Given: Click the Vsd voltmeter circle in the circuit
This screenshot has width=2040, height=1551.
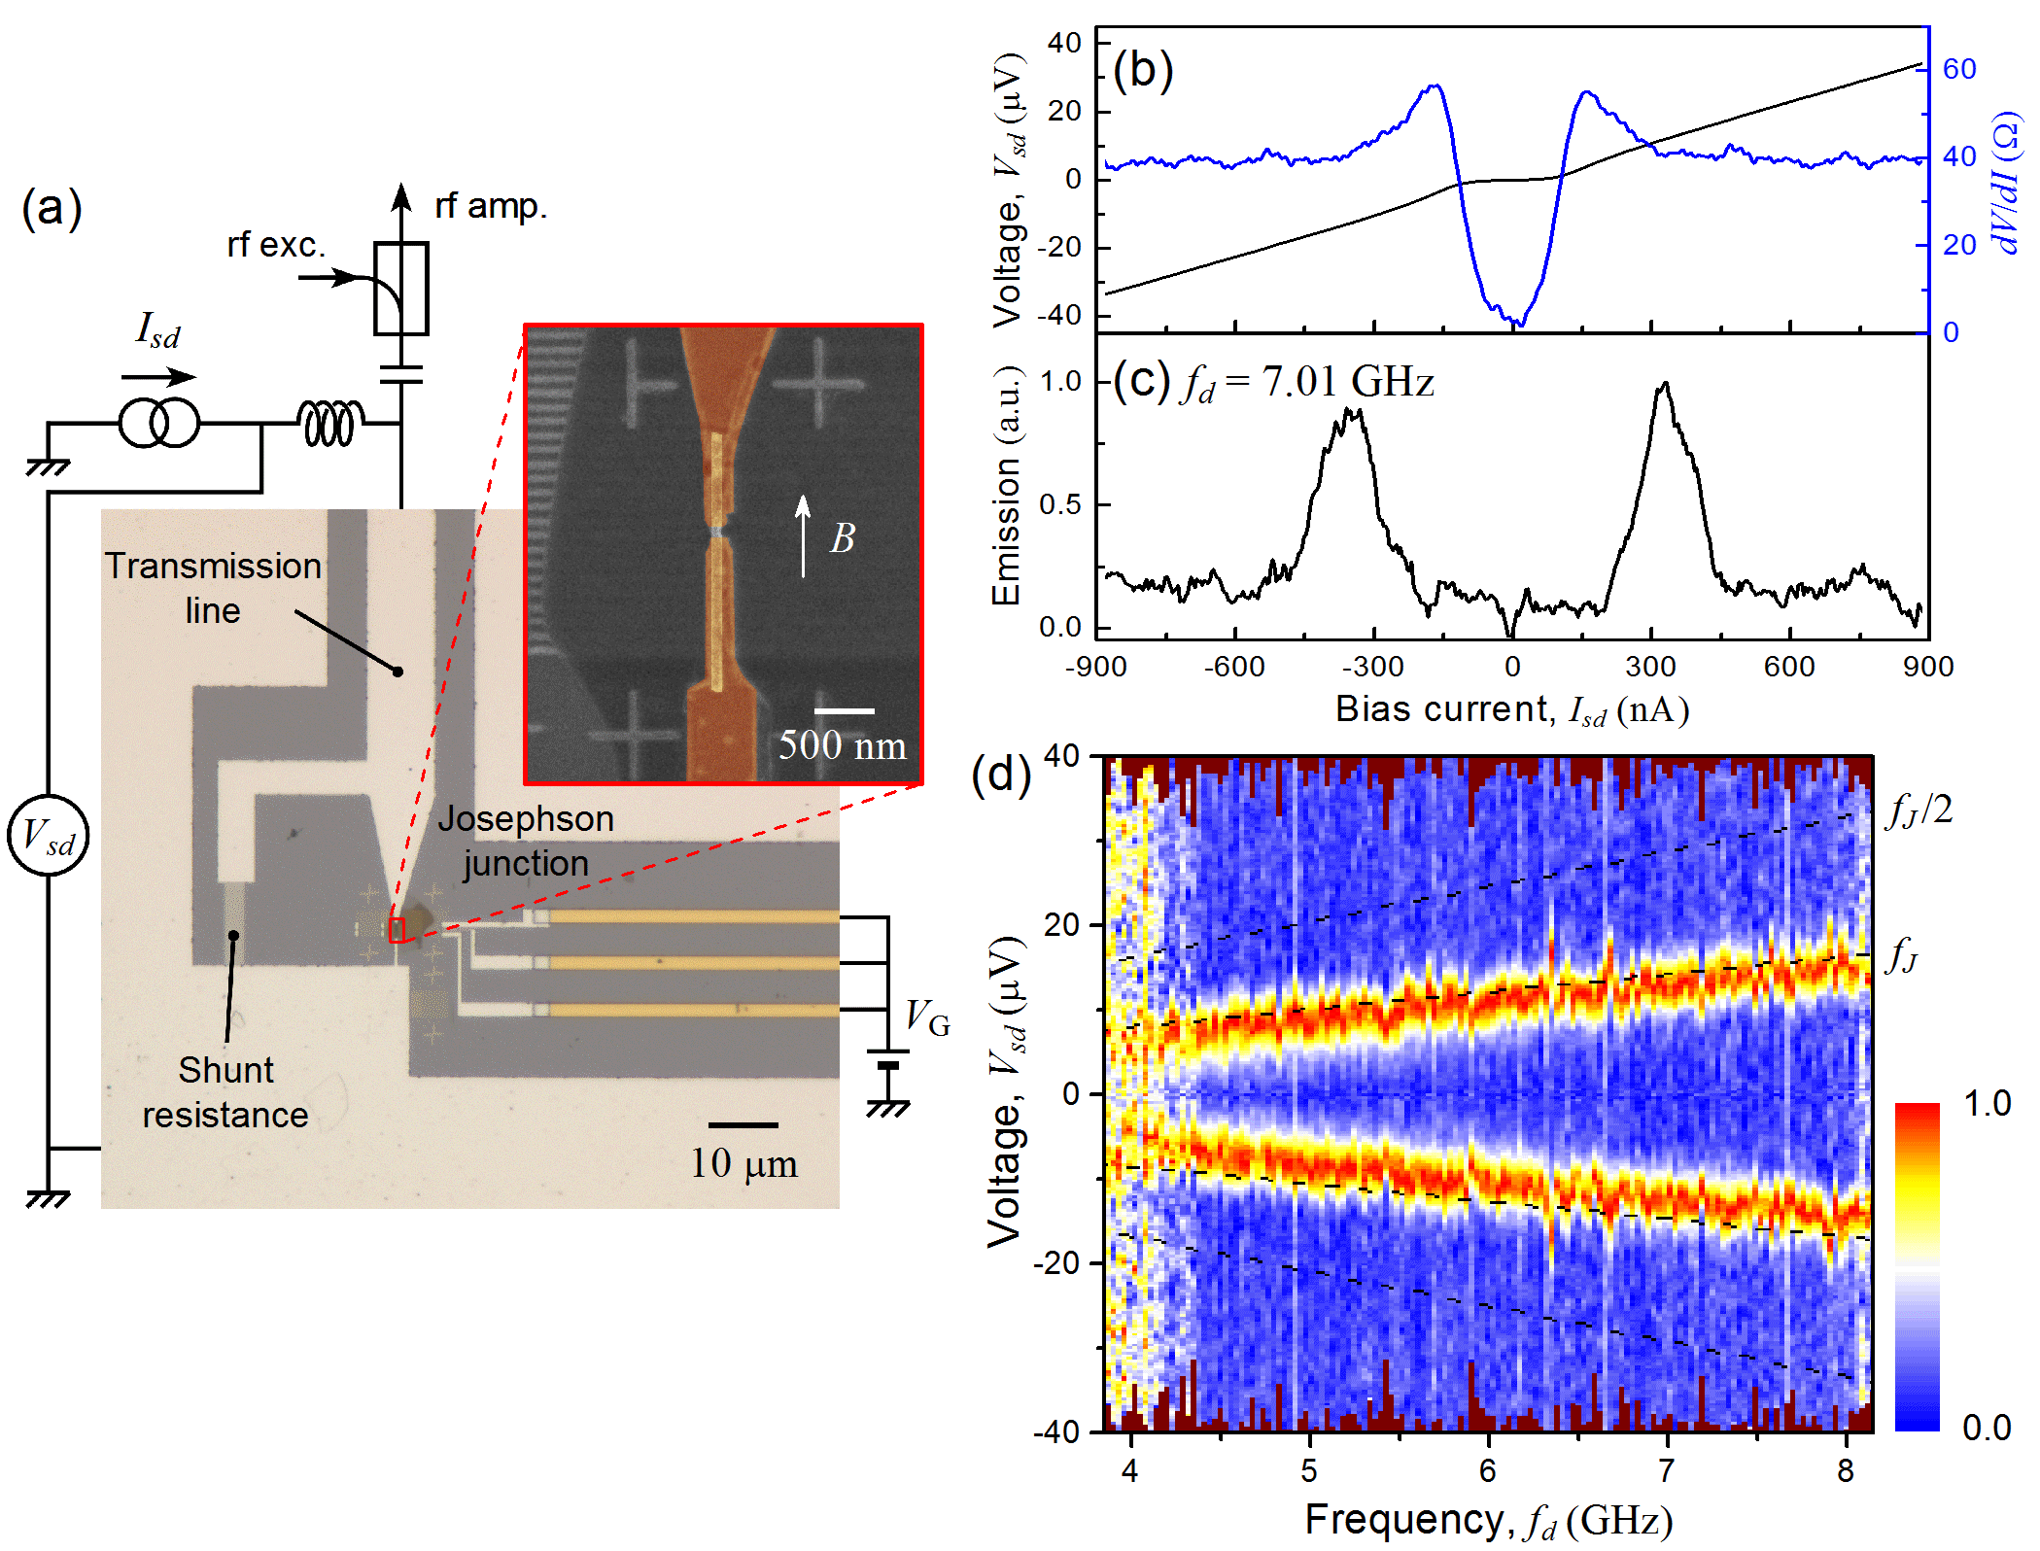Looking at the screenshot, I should click(x=48, y=835).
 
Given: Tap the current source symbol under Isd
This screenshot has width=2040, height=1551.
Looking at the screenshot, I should click(x=158, y=424).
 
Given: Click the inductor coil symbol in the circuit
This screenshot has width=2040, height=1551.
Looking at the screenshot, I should click(x=330, y=424).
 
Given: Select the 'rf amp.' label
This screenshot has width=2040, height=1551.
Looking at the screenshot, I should click(x=491, y=206).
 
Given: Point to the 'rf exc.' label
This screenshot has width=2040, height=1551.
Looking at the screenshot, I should click(x=275, y=245).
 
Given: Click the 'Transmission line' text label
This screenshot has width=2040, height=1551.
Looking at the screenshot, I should click(x=213, y=587).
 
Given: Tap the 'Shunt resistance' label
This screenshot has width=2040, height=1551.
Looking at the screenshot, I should click(x=225, y=1092).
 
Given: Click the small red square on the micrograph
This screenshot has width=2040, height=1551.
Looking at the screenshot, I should click(x=397, y=930).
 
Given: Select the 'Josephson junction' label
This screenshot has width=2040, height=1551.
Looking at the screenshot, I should click(x=526, y=841).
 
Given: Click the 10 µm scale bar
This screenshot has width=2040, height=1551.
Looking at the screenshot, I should click(x=743, y=1125).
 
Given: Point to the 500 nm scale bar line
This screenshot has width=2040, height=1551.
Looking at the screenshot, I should click(x=844, y=711).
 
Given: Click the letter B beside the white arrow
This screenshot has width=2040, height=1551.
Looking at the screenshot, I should click(x=842, y=538).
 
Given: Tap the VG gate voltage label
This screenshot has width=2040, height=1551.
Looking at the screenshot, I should click(x=926, y=1018).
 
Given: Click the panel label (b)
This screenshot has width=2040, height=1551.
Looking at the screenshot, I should click(x=1143, y=70).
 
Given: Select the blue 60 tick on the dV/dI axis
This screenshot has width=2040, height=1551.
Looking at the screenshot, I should click(x=1959, y=69).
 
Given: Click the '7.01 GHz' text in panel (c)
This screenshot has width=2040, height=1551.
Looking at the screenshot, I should click(x=1348, y=381).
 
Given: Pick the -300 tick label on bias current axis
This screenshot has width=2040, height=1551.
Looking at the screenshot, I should click(x=1372, y=667).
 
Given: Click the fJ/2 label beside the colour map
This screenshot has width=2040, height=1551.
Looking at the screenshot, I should click(x=1919, y=809).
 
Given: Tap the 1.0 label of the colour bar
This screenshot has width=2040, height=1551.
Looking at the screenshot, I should click(x=1987, y=1104).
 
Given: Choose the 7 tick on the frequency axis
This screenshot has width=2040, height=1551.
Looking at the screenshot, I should click(x=1667, y=1471).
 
